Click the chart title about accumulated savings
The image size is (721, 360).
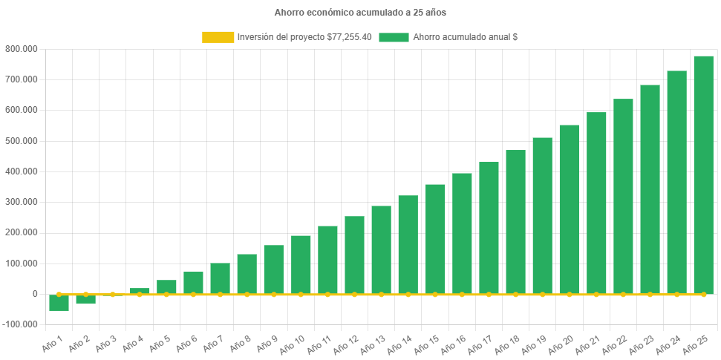360,13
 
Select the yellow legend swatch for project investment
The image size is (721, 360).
218,37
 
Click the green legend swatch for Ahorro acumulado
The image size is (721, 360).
394,37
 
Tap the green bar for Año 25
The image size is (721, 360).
703,174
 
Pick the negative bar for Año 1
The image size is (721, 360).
59,303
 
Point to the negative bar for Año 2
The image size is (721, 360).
86,299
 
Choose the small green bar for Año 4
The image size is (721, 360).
140,291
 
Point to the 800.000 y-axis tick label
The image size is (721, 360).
21,49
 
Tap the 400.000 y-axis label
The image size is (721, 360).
21,171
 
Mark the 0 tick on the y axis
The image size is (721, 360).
34,294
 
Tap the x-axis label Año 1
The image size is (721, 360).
52,342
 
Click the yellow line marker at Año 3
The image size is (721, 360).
113,295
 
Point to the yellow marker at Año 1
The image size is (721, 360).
59,295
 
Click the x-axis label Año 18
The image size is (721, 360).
506,344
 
